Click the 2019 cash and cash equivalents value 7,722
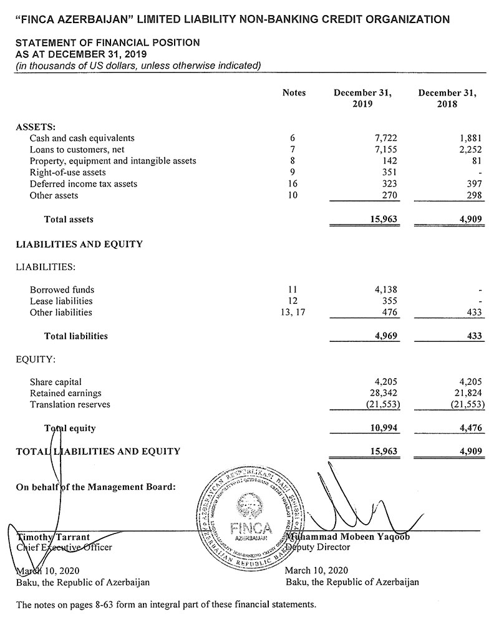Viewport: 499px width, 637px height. tap(385, 138)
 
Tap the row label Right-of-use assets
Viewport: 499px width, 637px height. tap(67, 172)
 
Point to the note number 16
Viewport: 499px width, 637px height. tap(293, 184)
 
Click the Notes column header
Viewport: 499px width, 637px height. tap(294, 92)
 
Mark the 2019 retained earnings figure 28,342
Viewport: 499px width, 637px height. tap(382, 393)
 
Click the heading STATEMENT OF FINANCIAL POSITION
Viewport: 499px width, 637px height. tap(107, 42)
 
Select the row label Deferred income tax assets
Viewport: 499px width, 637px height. tap(84, 184)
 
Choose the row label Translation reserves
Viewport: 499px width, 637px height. tap(70, 404)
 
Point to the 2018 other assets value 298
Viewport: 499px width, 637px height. tap(473, 196)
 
